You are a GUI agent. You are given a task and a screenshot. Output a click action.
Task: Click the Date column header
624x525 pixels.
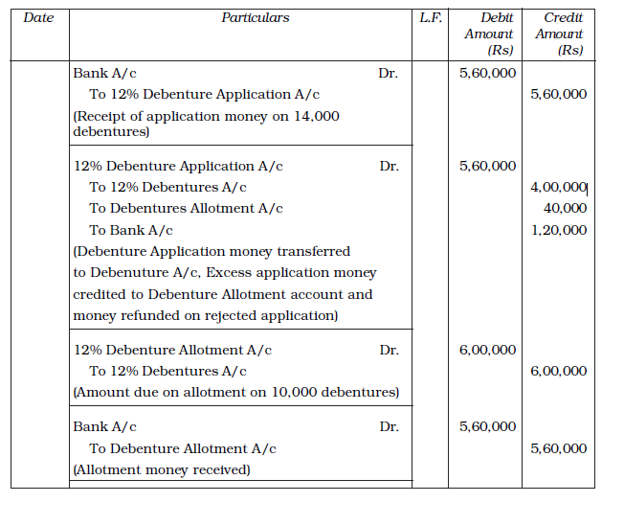coord(38,18)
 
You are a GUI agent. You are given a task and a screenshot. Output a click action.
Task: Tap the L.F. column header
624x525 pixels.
coord(431,18)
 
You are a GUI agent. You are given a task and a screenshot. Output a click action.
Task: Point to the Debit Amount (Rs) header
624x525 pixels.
coord(489,34)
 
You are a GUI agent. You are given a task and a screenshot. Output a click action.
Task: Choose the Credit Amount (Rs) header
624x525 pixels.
coord(559,34)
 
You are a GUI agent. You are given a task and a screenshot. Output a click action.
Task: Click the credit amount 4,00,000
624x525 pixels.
coord(558,188)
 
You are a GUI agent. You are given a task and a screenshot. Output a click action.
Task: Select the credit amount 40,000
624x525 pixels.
coord(565,209)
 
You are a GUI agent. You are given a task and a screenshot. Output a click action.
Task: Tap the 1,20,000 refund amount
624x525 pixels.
coord(558,231)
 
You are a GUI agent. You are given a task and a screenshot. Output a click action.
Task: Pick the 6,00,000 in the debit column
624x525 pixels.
coord(488,351)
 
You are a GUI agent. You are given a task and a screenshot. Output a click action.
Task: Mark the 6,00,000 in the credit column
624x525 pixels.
coord(558,372)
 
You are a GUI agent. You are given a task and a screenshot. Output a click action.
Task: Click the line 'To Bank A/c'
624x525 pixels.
coord(130,231)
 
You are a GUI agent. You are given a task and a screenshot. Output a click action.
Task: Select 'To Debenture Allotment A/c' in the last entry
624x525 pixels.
coord(183,449)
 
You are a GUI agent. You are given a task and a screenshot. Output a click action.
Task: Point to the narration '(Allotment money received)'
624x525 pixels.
coord(162,470)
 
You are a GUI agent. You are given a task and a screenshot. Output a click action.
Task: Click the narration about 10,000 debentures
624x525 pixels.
coord(236,393)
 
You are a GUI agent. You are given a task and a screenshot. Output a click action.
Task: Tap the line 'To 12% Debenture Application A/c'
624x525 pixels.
coord(204,95)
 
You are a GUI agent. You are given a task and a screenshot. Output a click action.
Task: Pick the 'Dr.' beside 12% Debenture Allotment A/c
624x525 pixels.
coord(389,351)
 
